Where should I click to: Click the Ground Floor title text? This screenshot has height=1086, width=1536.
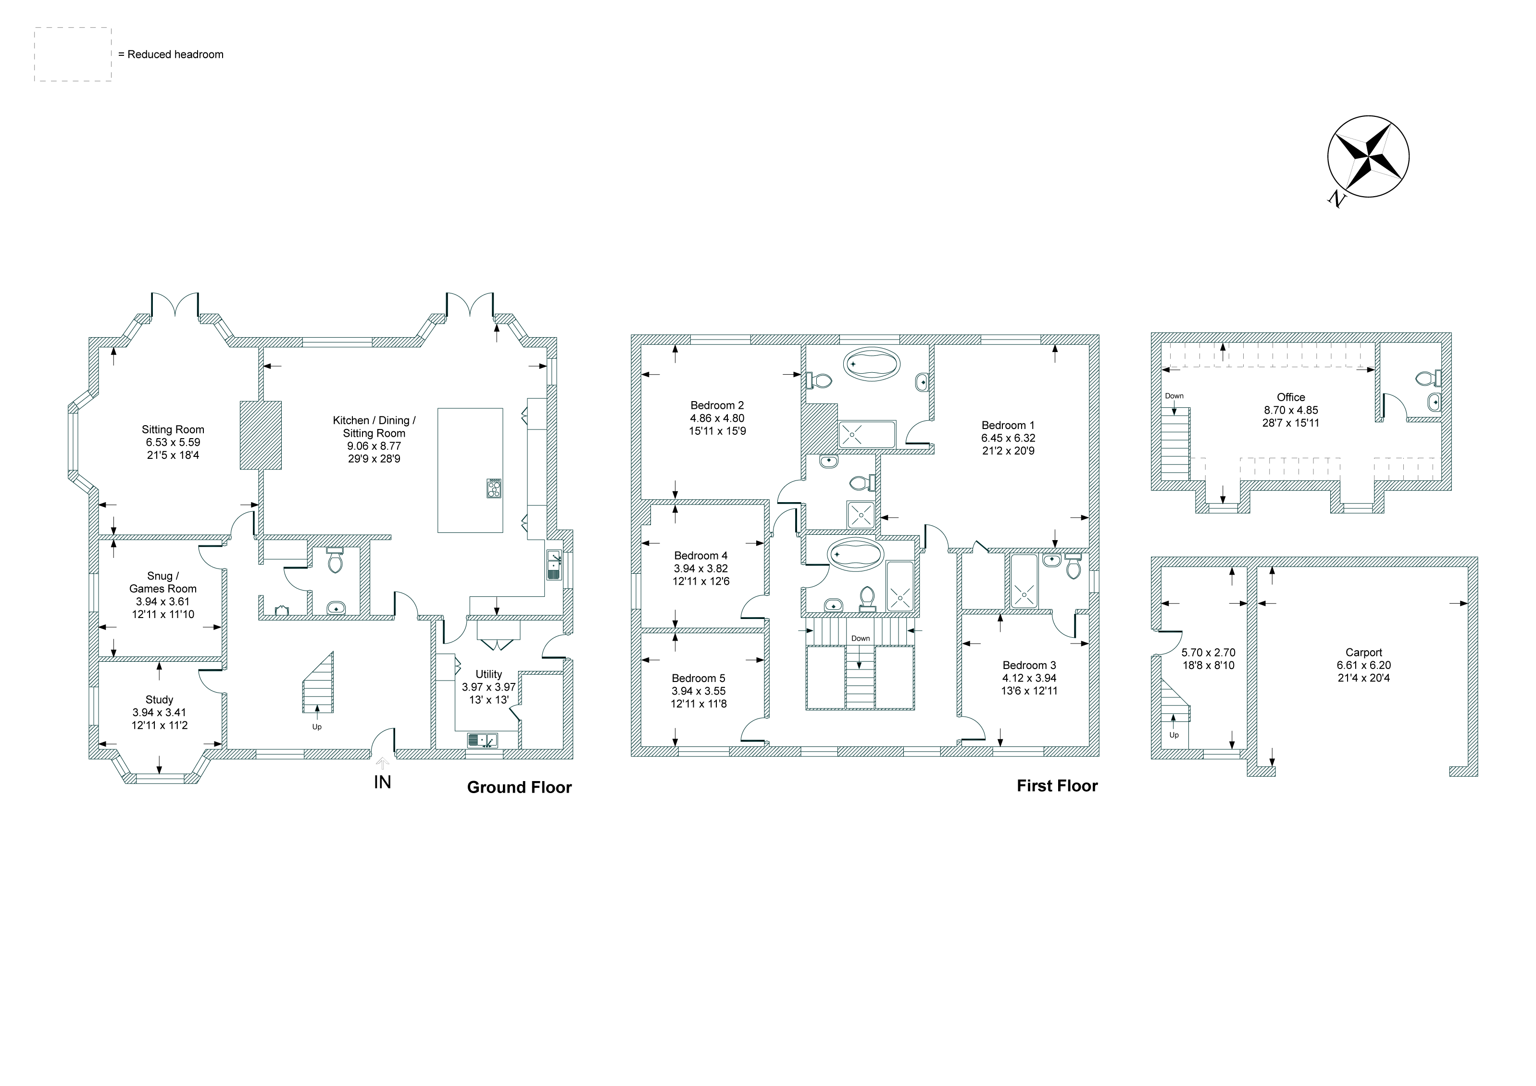pos(520,787)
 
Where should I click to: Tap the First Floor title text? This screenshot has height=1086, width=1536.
pos(1054,787)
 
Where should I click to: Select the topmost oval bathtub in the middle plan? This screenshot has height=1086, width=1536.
pos(871,364)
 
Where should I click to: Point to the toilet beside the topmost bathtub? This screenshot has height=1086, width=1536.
pos(819,380)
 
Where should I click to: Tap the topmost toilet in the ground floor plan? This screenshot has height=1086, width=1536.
pos(335,561)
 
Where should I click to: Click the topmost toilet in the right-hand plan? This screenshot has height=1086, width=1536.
pos(1425,378)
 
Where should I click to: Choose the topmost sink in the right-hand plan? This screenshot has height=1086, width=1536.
pos(1434,403)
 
